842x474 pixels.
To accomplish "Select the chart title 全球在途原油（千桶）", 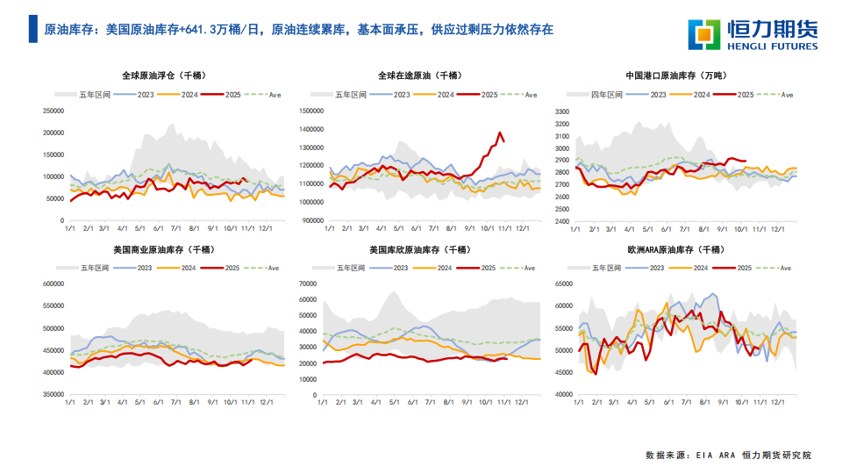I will point(420,75).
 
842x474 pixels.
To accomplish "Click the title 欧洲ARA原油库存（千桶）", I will point(675,250).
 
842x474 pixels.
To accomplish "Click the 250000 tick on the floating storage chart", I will point(54,111).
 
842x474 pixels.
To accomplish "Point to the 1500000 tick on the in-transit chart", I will point(311,111).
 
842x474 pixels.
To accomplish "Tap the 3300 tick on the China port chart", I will point(562,111).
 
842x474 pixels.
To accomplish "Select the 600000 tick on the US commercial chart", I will point(54,284).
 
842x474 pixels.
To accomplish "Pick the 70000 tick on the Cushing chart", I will point(307,284).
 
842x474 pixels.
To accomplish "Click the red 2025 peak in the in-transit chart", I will point(501,133).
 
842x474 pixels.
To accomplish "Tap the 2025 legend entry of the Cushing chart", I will point(490,266).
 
